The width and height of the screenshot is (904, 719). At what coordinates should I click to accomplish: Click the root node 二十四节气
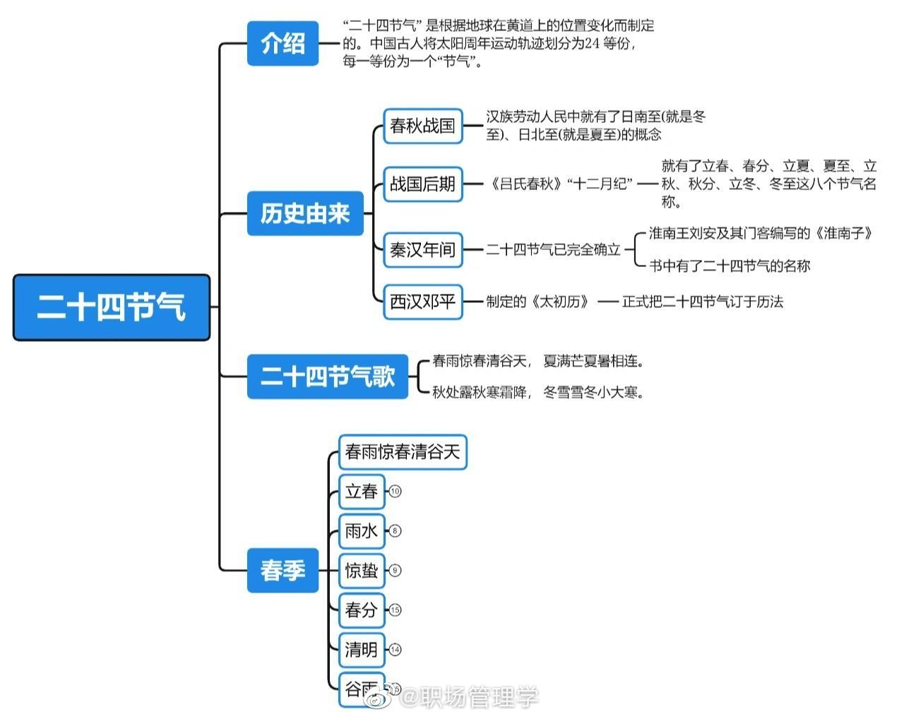112,307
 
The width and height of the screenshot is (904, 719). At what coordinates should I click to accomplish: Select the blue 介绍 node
282,44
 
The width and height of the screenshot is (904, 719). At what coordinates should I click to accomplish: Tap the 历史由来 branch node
305,213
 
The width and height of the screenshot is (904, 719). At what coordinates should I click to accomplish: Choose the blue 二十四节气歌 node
328,376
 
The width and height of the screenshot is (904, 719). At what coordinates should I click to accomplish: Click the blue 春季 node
282,570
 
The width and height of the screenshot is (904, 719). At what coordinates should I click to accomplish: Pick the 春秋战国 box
422,126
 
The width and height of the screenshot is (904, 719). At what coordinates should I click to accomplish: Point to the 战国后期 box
422,184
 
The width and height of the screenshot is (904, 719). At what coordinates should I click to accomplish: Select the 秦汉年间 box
422,250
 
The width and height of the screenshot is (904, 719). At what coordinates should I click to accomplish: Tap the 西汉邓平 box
422,302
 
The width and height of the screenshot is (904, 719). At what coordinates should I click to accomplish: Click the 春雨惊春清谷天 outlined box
403,452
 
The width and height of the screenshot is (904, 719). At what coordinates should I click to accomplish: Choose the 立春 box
361,492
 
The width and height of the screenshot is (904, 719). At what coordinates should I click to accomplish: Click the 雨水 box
361,531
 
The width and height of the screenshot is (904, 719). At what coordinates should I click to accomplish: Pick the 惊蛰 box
361,571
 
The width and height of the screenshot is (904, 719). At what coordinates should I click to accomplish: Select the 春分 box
361,610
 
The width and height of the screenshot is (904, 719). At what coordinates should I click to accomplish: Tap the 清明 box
361,650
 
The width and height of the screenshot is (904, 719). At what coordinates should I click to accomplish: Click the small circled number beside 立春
395,492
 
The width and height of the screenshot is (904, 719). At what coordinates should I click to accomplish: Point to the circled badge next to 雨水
395,531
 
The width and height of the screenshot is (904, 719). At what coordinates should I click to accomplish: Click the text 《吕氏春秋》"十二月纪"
561,184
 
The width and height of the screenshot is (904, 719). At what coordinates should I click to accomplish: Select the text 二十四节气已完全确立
553,250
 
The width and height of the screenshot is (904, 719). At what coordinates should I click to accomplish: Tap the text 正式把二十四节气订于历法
702,302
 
